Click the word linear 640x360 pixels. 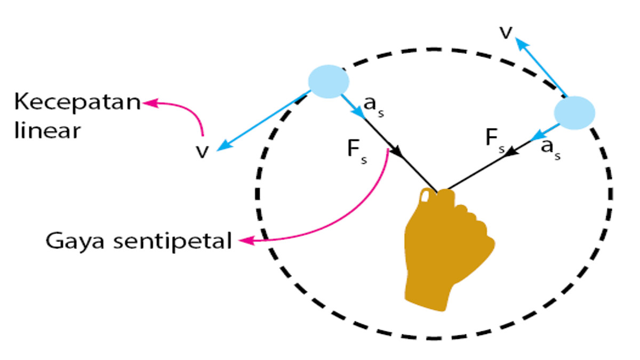tap(47, 130)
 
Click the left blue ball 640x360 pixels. tap(329, 82)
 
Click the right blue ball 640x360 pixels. tap(574, 113)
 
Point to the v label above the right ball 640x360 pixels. tap(506, 33)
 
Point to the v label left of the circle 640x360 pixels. tap(202, 151)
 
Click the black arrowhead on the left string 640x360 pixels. tap(396, 152)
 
